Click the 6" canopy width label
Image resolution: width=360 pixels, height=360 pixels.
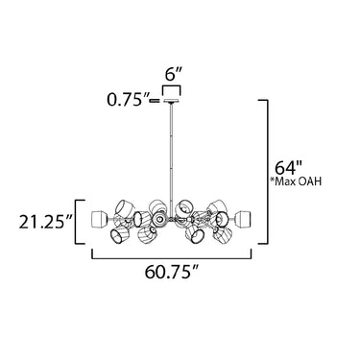174,76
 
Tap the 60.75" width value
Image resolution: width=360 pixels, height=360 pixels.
172,273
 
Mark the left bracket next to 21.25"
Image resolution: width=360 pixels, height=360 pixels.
76,222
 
